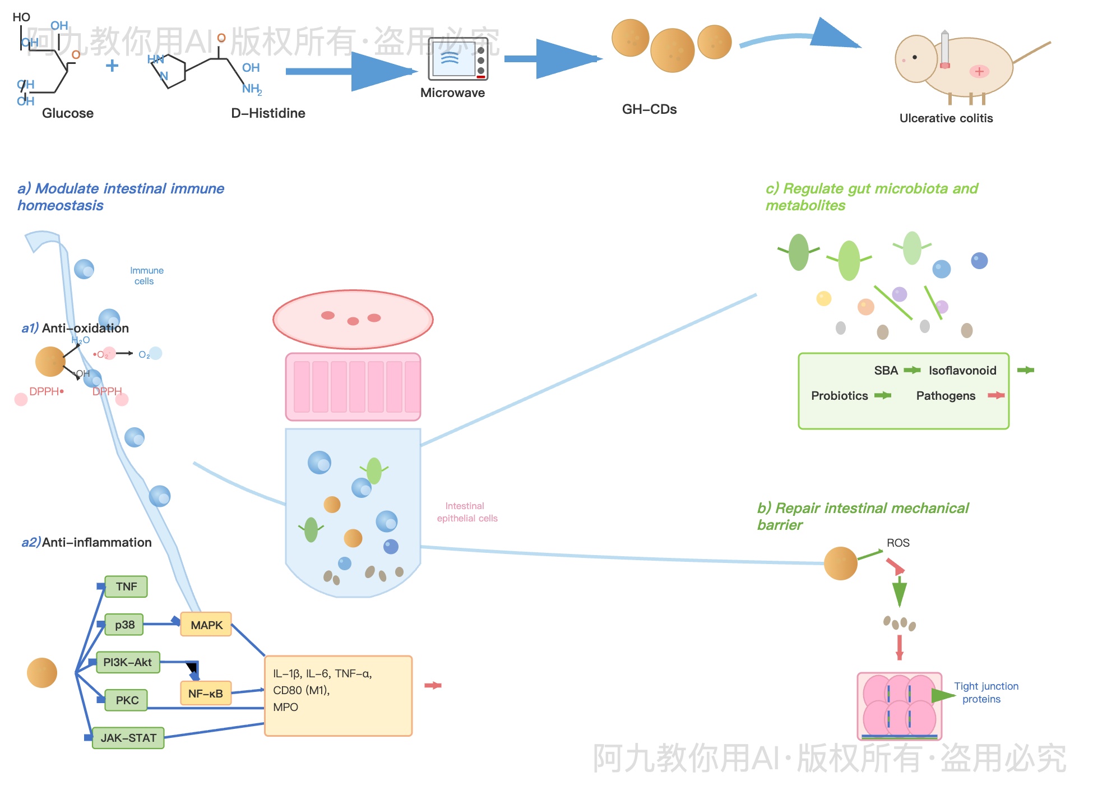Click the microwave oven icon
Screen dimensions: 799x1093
pos(458,59)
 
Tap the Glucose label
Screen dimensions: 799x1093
pos(67,113)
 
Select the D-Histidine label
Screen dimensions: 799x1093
pos(268,113)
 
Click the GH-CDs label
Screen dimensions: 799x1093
pos(649,109)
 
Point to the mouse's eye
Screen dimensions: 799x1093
pos(915,57)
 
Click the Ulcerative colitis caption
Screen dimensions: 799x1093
pos(946,118)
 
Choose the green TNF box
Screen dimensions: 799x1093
pos(126,586)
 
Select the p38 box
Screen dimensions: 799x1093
pos(124,625)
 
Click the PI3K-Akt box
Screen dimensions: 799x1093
pos(128,662)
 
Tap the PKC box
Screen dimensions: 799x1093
pos(127,700)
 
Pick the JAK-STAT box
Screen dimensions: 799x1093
pos(128,738)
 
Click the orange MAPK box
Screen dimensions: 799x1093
pos(206,625)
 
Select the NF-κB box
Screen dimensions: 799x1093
pos(206,694)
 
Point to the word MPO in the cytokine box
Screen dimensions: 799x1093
pos(286,707)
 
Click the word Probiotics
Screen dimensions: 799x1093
pos(839,396)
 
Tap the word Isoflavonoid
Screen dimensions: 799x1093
pos(962,371)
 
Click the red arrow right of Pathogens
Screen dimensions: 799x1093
pos(996,396)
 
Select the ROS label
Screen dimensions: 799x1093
pos(898,543)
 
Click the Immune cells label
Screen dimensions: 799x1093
pos(146,276)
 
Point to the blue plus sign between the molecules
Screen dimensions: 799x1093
pos(112,66)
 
